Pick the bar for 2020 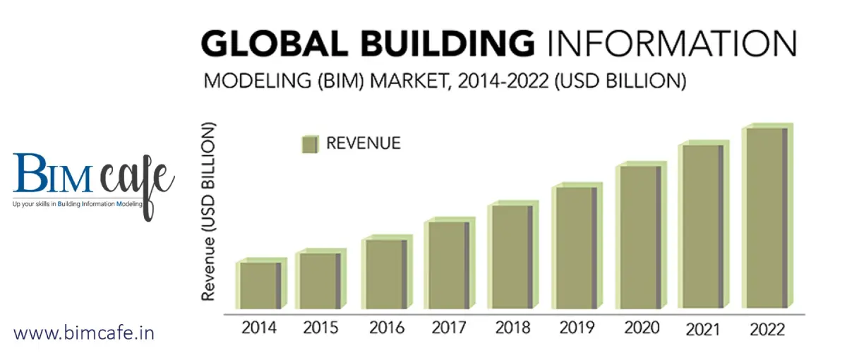coord(638,236)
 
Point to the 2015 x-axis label coord(322,328)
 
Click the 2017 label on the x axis coord(448,328)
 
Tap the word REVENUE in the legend coord(363,143)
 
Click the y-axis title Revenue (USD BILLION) coord(209,212)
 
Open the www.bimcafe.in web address coord(84,332)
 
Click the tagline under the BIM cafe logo coord(78,204)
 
